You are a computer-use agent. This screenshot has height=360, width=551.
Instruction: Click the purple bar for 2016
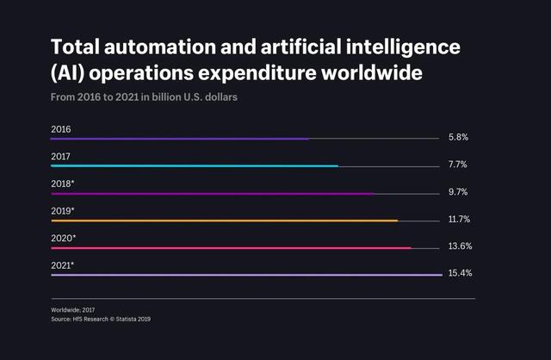point(179,139)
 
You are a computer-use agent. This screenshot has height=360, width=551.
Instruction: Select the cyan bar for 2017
point(195,166)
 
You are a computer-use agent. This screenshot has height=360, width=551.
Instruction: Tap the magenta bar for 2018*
point(213,194)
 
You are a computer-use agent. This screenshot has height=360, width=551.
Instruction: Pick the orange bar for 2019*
point(224,221)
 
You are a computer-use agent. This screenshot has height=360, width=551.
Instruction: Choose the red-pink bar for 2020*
point(231,248)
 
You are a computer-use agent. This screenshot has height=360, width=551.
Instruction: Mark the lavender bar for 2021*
point(245,276)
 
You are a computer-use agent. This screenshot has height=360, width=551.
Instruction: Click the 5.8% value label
point(458,138)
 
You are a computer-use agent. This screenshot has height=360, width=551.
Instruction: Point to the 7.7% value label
point(458,165)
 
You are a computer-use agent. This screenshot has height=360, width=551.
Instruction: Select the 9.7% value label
point(458,193)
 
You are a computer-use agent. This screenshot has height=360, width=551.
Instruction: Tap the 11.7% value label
point(459,220)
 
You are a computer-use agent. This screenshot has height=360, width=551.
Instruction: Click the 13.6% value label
point(460,246)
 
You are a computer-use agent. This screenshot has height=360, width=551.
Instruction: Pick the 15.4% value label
point(460,273)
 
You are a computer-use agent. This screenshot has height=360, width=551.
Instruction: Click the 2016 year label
point(61,129)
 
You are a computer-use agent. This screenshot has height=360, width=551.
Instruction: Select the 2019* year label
point(63,211)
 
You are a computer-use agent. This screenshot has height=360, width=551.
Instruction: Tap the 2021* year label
point(63,265)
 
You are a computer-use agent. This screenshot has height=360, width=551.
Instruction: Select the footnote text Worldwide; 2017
point(71,310)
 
